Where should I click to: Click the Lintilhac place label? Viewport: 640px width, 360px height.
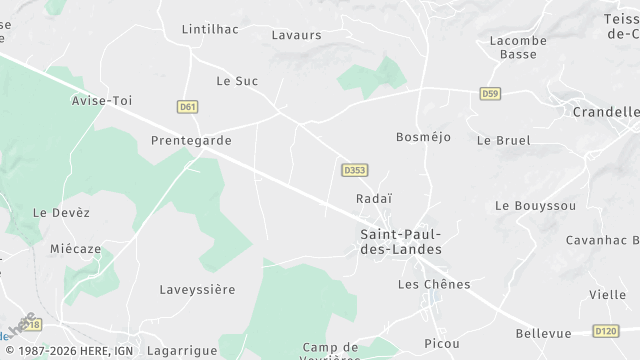point(210,29)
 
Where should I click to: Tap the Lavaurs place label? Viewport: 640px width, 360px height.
point(297,34)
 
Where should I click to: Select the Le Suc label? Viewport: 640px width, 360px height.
point(237,80)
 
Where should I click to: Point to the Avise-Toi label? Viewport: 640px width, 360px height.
point(102,101)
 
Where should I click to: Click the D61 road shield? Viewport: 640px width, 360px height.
point(187,106)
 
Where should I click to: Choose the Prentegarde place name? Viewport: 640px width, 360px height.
point(190,140)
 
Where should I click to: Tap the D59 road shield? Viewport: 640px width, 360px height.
point(489,94)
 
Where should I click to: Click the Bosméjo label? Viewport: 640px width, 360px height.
point(424,136)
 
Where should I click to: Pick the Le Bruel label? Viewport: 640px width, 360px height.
point(504,140)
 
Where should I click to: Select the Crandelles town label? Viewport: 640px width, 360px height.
point(606,112)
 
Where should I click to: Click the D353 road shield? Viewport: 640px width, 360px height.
point(354,170)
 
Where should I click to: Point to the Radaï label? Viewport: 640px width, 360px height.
point(374,198)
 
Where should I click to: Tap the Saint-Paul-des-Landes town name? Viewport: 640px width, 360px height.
point(400,241)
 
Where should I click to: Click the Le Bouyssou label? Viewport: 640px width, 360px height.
point(535,205)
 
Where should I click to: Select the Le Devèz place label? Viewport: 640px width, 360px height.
point(61,212)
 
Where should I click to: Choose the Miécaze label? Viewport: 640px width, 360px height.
point(76,247)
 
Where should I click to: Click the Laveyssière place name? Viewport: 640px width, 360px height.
point(197,289)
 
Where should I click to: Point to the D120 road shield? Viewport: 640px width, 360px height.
point(606,331)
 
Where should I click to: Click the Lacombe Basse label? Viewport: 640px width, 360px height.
point(518,47)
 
